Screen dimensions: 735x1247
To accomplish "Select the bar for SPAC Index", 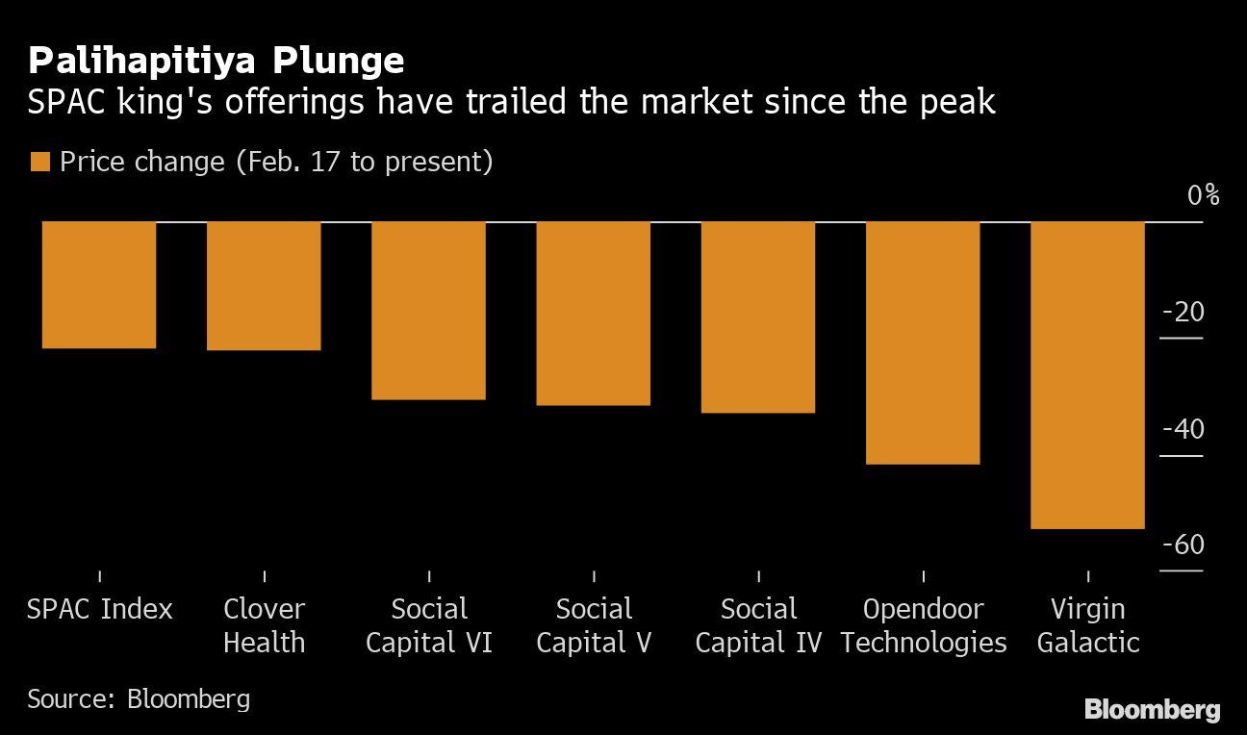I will tap(99, 285).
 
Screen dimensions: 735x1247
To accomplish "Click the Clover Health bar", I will tap(265, 286).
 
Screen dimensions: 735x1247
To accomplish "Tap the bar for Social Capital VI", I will tap(429, 311).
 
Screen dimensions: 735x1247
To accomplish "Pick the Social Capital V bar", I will tap(594, 314).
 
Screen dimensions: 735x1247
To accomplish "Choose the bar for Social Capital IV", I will tap(758, 317).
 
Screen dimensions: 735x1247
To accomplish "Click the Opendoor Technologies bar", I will tap(923, 343).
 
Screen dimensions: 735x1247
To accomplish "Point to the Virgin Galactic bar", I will tap(1087, 375).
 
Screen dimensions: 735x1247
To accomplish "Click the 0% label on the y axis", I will tap(1202, 195).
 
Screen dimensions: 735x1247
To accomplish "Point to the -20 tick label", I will tap(1183, 313).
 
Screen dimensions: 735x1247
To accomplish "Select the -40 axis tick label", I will tap(1183, 429).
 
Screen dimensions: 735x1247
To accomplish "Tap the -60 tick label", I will tap(1183, 545).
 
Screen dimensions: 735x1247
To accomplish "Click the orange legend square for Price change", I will tap(39, 162).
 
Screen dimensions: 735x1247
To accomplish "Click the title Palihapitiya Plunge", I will tap(216, 61).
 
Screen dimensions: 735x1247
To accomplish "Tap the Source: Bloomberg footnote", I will tap(139, 697).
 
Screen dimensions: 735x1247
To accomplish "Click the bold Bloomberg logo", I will tap(1152, 710).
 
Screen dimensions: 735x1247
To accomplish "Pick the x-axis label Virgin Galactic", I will tap(1087, 625).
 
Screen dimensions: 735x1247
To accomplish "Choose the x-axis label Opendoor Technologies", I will tap(923, 625).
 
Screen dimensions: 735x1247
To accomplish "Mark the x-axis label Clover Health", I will tap(265, 625).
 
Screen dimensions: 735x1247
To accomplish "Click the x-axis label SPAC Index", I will tap(100, 609).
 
